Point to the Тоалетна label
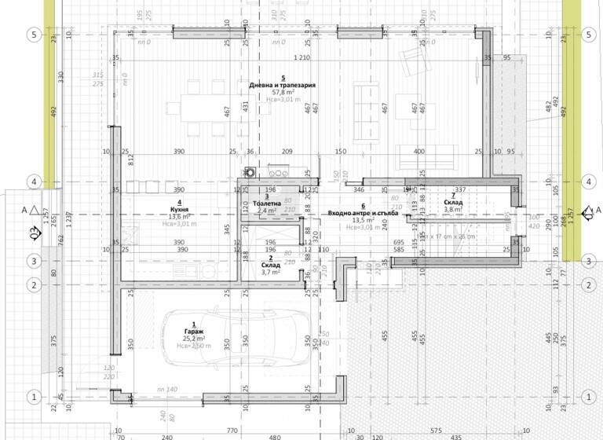(268, 203)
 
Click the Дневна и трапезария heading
(260, 85)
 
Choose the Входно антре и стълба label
(364, 213)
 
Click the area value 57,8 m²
(260, 92)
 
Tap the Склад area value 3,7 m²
(268, 272)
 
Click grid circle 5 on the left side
(34, 35)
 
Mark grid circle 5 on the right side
(588, 35)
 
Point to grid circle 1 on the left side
(34, 396)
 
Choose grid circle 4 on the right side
(588, 182)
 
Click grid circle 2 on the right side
(588, 284)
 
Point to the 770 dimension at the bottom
(232, 431)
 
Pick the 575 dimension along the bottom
(434, 431)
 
